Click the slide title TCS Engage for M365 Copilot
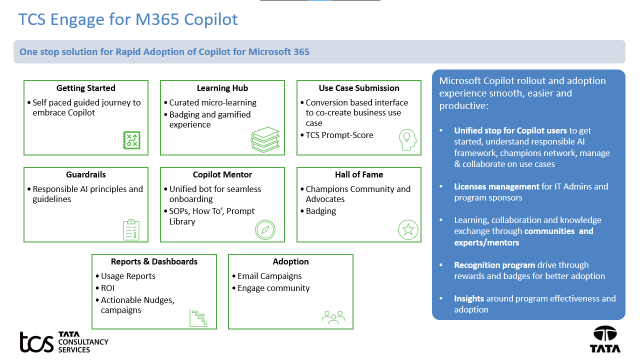pyautogui.click(x=128, y=19)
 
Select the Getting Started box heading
pyautogui.click(x=85, y=88)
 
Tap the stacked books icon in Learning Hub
pyautogui.click(x=265, y=139)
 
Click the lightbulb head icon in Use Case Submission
pyautogui.click(x=407, y=138)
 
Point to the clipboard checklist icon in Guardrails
pyautogui.click(x=131, y=229)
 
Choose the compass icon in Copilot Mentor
pyautogui.click(x=265, y=229)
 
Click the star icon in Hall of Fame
pyautogui.click(x=408, y=229)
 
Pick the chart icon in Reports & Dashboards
pyautogui.click(x=198, y=317)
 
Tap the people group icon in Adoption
pyautogui.click(x=333, y=317)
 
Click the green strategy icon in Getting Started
pyautogui.click(x=131, y=140)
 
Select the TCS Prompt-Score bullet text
pyautogui.click(x=339, y=135)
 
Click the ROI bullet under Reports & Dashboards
pyautogui.click(x=107, y=288)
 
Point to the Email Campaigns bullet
pyautogui.click(x=269, y=276)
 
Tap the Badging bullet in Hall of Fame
pyautogui.click(x=321, y=211)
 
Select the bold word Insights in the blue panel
pyautogui.click(x=469, y=298)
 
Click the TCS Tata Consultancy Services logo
pyautogui.click(x=63, y=342)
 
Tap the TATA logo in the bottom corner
pyautogui.click(x=605, y=339)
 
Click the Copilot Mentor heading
pyautogui.click(x=222, y=174)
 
